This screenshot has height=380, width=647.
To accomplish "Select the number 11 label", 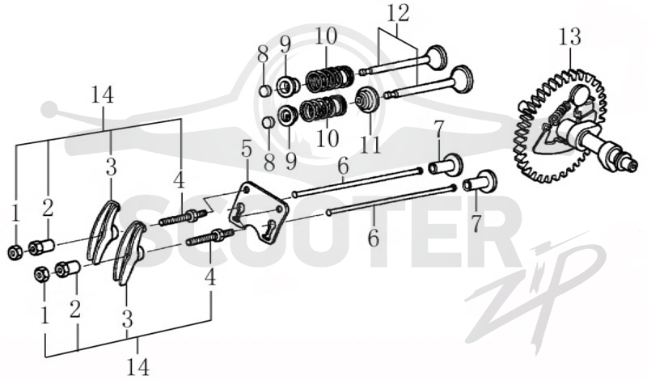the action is pyautogui.click(x=370, y=144).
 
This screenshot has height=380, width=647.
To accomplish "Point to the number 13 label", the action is pyautogui.click(x=570, y=36).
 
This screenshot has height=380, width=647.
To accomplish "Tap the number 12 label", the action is pyautogui.click(x=398, y=13).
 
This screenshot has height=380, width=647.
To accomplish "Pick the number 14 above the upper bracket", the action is pyautogui.click(x=102, y=95).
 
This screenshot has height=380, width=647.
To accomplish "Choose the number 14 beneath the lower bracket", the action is pyautogui.click(x=137, y=366).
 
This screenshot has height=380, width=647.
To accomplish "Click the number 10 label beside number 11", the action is pyautogui.click(x=328, y=138).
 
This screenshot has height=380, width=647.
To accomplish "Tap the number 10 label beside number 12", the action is pyautogui.click(x=326, y=36).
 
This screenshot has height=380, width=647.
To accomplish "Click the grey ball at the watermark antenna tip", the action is pyautogui.click(x=49, y=109).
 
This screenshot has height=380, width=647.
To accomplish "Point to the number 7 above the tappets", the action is pyautogui.click(x=438, y=130).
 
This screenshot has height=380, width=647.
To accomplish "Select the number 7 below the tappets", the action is pyautogui.click(x=476, y=223).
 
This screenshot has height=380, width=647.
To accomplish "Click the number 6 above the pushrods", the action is pyautogui.click(x=343, y=167).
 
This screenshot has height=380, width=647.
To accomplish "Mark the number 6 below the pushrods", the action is pyautogui.click(x=373, y=238).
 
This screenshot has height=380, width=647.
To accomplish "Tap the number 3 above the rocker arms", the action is pyautogui.click(x=111, y=168).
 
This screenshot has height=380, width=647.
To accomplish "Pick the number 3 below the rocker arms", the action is pyautogui.click(x=127, y=319).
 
